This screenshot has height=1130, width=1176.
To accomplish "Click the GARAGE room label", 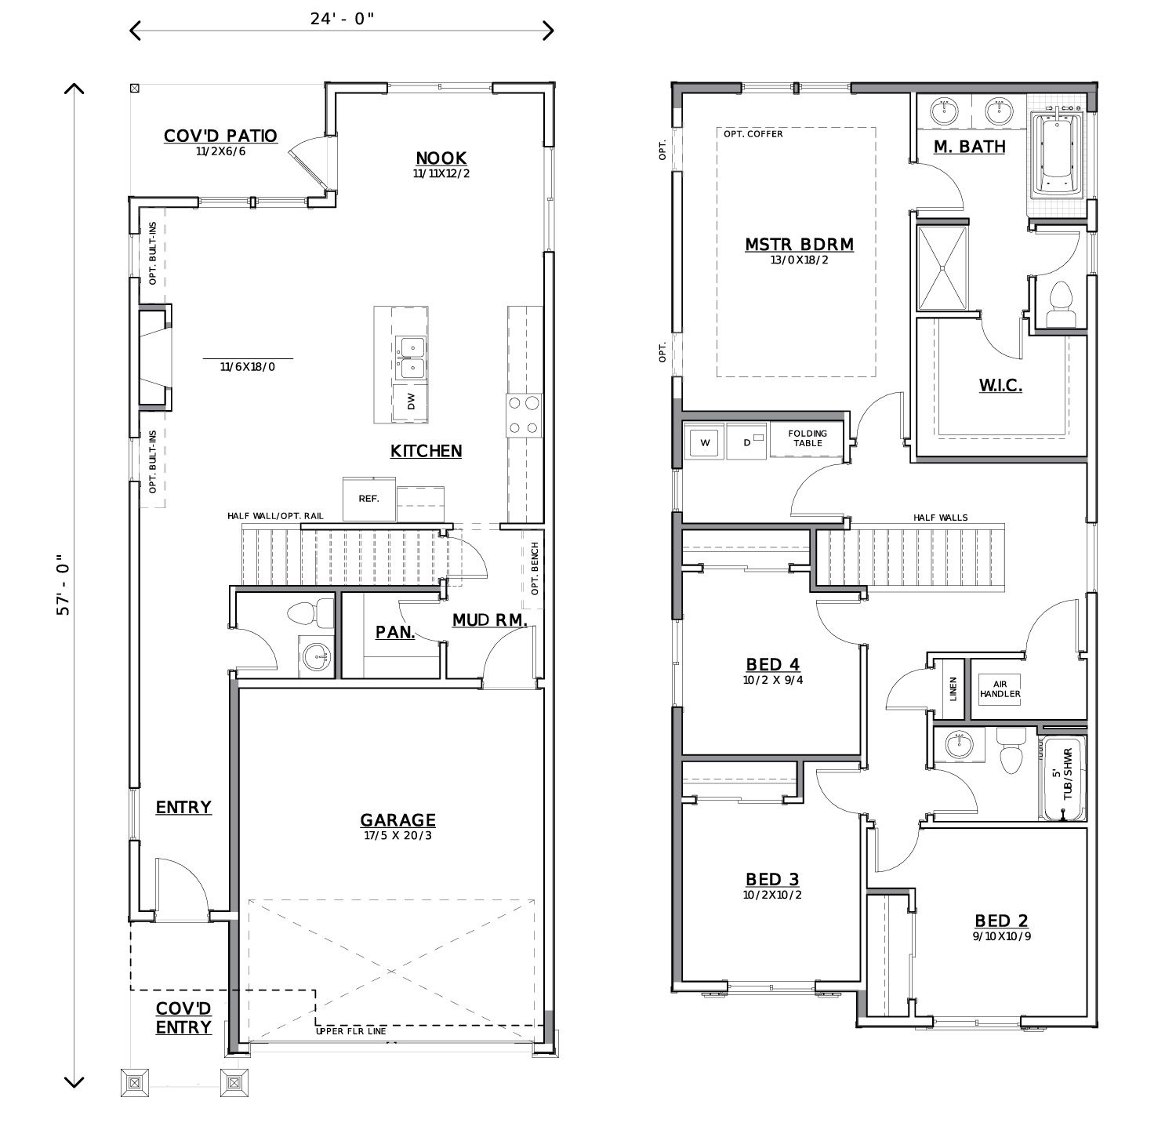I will [397, 820].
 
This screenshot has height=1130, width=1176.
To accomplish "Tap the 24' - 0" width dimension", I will [342, 19].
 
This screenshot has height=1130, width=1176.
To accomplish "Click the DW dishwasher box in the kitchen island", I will [411, 401].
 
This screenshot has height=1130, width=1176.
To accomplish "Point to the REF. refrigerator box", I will [368, 498].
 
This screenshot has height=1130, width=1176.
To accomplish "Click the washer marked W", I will [704, 443].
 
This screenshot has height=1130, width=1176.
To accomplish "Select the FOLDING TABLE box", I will [807, 438].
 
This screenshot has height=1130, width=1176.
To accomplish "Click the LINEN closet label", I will [953, 689].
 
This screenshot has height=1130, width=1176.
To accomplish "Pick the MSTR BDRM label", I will [799, 245].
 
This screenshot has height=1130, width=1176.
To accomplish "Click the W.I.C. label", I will [1000, 385].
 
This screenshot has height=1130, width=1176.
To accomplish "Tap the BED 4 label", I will [772, 665].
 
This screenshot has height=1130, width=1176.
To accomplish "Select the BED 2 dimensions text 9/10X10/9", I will [1001, 936].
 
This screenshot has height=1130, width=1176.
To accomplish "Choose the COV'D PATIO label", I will [220, 136].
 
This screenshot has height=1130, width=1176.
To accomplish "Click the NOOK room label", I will [441, 158].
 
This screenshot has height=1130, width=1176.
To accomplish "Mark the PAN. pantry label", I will [395, 632].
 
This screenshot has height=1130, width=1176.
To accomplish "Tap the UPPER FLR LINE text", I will [350, 1031].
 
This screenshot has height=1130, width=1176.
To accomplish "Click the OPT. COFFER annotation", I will [753, 134].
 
